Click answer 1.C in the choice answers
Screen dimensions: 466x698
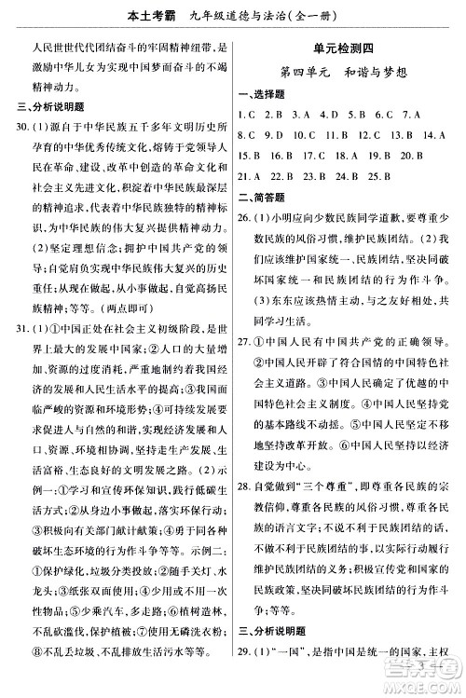point(247,114)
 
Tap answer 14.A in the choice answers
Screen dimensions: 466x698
point(432,134)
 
